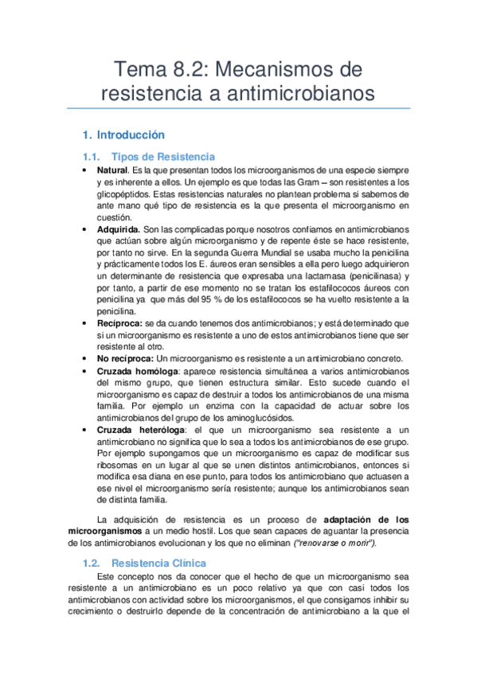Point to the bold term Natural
(112, 171)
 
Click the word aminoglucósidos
(248, 416)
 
